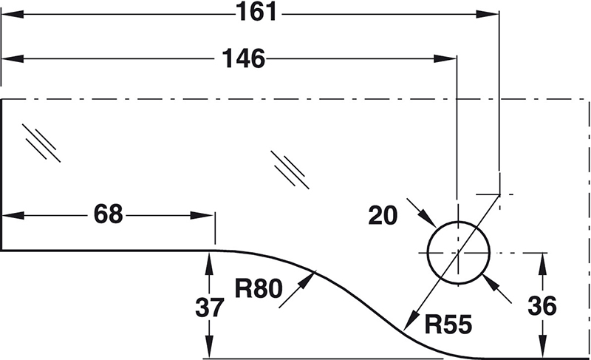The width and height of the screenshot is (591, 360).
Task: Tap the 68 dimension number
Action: coord(108,214)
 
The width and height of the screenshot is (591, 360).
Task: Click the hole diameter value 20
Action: coord(383,214)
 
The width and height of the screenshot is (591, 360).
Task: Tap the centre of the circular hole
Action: coord(458,253)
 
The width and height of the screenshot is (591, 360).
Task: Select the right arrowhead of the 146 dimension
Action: coord(446,58)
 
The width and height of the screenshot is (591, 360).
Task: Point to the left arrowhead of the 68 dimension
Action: coord(12,215)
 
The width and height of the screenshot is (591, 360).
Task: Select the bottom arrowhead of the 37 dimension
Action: coord(210,348)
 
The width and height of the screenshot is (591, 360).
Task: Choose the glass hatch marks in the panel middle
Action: coord(289,169)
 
